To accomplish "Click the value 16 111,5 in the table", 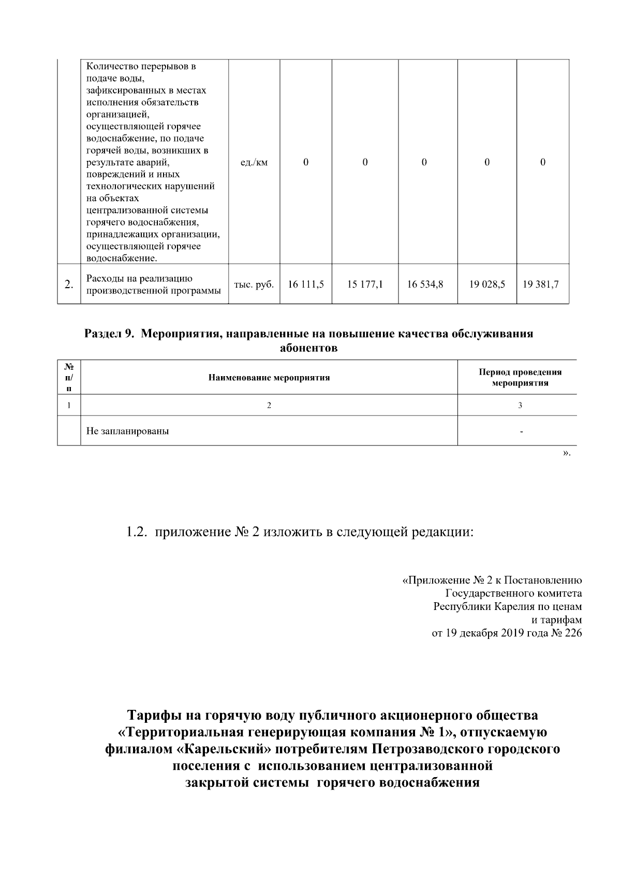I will coord(306,284).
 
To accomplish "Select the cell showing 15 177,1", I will coord(365,284).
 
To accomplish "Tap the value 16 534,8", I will coord(425,284).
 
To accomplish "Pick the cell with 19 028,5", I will coord(487,284).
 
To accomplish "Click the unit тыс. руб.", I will coord(254,284).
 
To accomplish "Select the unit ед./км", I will coord(254,162).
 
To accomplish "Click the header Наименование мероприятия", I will coord(269,378).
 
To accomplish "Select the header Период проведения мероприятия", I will coord(520,378).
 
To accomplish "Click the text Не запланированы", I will coord(127,430).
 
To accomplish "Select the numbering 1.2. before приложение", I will coord(138,532).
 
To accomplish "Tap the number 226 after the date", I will coord(573,633).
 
